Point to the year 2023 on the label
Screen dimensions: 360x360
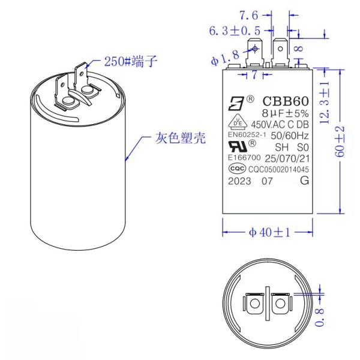point(239,181)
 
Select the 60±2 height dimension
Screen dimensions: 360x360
point(340,142)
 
